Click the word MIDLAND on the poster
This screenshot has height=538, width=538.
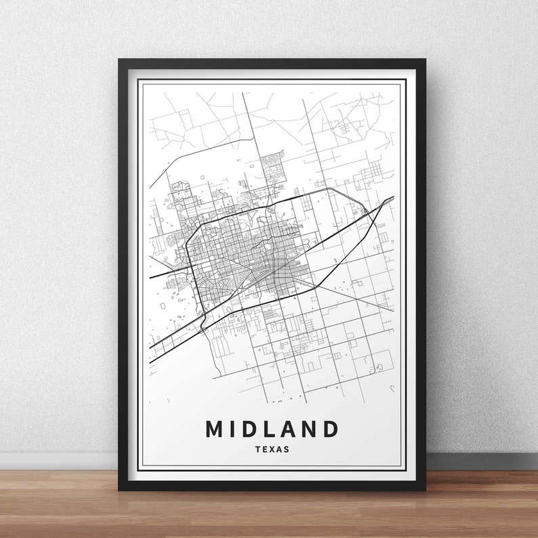[272, 429]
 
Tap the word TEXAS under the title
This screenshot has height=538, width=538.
[272, 449]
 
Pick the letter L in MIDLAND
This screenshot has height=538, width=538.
[269, 429]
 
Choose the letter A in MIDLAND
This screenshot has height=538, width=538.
[287, 429]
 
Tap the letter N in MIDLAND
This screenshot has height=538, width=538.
[308, 429]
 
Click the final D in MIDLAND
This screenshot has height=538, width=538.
[329, 429]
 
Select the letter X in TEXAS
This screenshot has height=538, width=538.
[272, 449]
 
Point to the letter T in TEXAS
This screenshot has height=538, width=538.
[257, 449]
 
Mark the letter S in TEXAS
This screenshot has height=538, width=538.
[286, 449]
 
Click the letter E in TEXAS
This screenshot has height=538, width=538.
[264, 449]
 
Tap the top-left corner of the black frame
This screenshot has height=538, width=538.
[120, 61]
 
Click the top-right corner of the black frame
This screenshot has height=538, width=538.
[424, 61]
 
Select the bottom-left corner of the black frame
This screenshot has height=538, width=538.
[120, 489]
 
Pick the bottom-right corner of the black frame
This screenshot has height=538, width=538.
[424, 489]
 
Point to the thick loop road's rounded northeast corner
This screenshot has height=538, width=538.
[349, 194]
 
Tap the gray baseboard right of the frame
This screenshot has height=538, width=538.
[481, 461]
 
